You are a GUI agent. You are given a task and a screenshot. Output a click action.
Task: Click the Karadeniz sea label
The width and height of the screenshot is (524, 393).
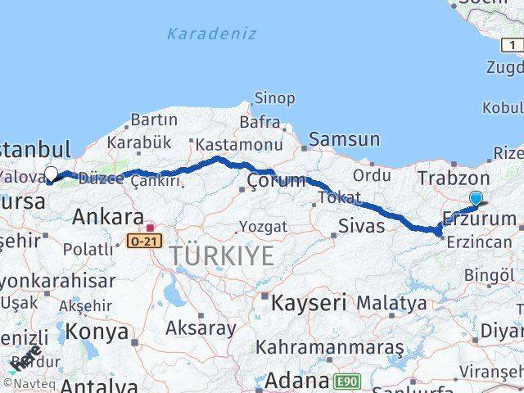point(211,34)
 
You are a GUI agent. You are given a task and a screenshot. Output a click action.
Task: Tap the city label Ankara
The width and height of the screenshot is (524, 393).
point(108,217)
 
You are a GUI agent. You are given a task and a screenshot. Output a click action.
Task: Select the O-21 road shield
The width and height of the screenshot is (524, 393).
point(144,240)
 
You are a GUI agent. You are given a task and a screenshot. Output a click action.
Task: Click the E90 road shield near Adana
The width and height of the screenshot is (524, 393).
point(347,381)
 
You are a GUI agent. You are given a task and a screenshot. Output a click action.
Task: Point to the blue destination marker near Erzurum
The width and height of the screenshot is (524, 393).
point(477,197)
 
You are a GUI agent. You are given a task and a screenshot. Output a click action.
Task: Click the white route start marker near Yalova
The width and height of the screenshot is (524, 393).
point(51,174)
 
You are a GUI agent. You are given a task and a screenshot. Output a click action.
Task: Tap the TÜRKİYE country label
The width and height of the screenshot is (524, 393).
point(223,256)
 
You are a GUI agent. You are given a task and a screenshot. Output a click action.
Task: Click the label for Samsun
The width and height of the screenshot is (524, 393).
point(344,140)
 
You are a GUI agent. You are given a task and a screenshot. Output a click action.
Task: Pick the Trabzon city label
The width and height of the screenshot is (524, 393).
point(454,178)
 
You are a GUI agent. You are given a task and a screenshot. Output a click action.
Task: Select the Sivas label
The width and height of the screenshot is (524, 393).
point(361,225)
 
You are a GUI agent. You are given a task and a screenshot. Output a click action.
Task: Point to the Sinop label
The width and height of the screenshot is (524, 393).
point(274,98)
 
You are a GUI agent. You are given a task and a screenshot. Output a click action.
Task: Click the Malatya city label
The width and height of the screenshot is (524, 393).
point(391,303)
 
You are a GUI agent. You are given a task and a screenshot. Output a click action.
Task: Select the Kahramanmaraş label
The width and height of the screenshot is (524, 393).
point(330,348)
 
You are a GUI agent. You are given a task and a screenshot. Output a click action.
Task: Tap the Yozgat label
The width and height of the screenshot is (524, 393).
point(263,226)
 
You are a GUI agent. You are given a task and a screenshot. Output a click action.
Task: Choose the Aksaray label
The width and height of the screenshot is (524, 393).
point(201,328)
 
